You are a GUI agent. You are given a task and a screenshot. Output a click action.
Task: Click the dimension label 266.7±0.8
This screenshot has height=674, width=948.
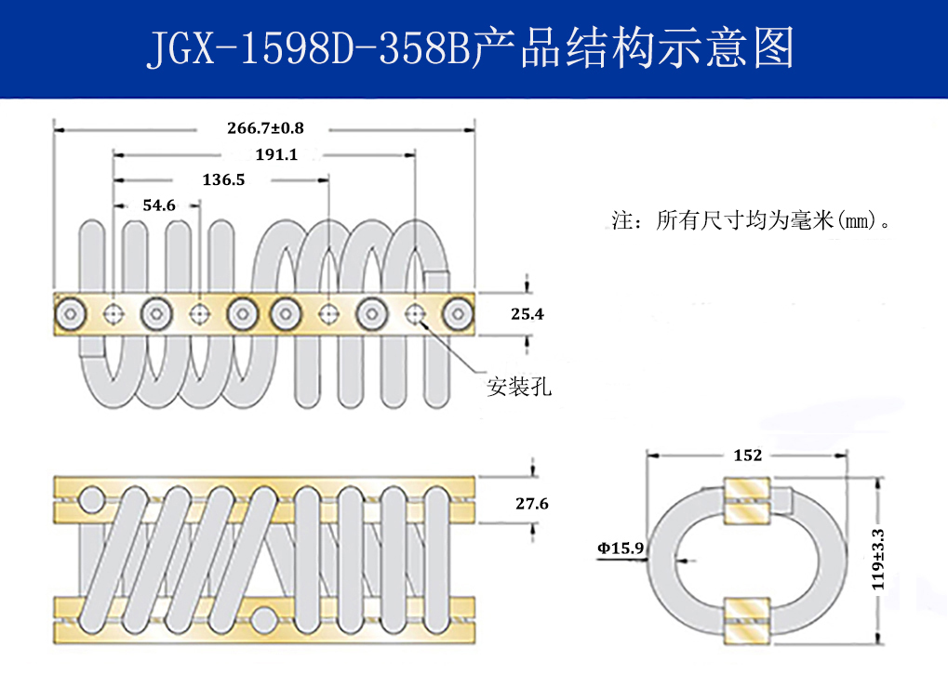265,127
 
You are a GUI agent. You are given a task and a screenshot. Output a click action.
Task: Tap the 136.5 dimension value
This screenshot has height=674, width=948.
223,180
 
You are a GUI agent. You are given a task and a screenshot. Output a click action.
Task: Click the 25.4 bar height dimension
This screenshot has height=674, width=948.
527,314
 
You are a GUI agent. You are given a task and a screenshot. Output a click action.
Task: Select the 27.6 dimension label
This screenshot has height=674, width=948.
531,504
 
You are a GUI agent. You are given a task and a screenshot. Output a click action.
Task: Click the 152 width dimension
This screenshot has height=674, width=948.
747,456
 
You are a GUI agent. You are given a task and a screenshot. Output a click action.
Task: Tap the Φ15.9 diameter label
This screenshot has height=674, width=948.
621,548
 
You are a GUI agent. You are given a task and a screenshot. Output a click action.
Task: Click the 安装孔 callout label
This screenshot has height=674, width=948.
519,388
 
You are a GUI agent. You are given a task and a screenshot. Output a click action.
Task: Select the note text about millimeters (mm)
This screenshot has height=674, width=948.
754,222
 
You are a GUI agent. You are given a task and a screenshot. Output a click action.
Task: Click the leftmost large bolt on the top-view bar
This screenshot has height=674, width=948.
71,314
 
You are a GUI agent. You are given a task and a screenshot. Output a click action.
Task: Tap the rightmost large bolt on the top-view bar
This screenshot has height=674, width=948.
458,314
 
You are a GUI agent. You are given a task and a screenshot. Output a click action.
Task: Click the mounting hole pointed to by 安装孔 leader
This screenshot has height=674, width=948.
415,314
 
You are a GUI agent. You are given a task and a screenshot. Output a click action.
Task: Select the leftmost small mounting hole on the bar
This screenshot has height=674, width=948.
114,314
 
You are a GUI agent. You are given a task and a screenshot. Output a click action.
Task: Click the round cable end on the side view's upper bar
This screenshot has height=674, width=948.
92,500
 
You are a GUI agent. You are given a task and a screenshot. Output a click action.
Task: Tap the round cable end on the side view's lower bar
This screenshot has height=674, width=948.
265,617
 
